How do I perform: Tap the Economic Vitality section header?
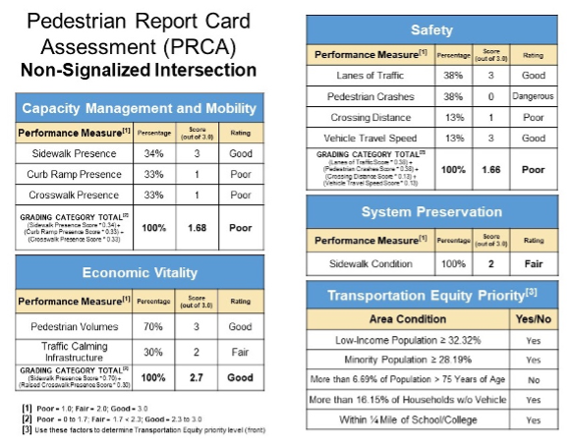pos(139,273)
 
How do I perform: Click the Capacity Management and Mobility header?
pos(139,108)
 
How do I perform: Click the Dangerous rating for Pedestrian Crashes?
pos(534,96)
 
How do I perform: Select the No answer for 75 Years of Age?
pos(533,378)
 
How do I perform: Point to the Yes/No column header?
pos(533,317)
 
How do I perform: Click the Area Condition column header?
pos(408,317)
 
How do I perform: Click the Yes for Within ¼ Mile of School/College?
pos(533,419)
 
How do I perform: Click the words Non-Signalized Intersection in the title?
pos(139,71)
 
